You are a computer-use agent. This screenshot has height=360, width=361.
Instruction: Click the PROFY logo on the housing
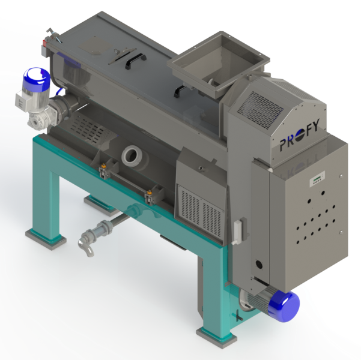(x=300, y=134)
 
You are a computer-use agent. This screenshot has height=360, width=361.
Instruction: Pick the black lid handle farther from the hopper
(x=136, y=60)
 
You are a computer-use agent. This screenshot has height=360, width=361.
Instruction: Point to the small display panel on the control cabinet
(x=317, y=178)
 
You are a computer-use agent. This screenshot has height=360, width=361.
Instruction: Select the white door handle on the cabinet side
(x=238, y=232)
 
